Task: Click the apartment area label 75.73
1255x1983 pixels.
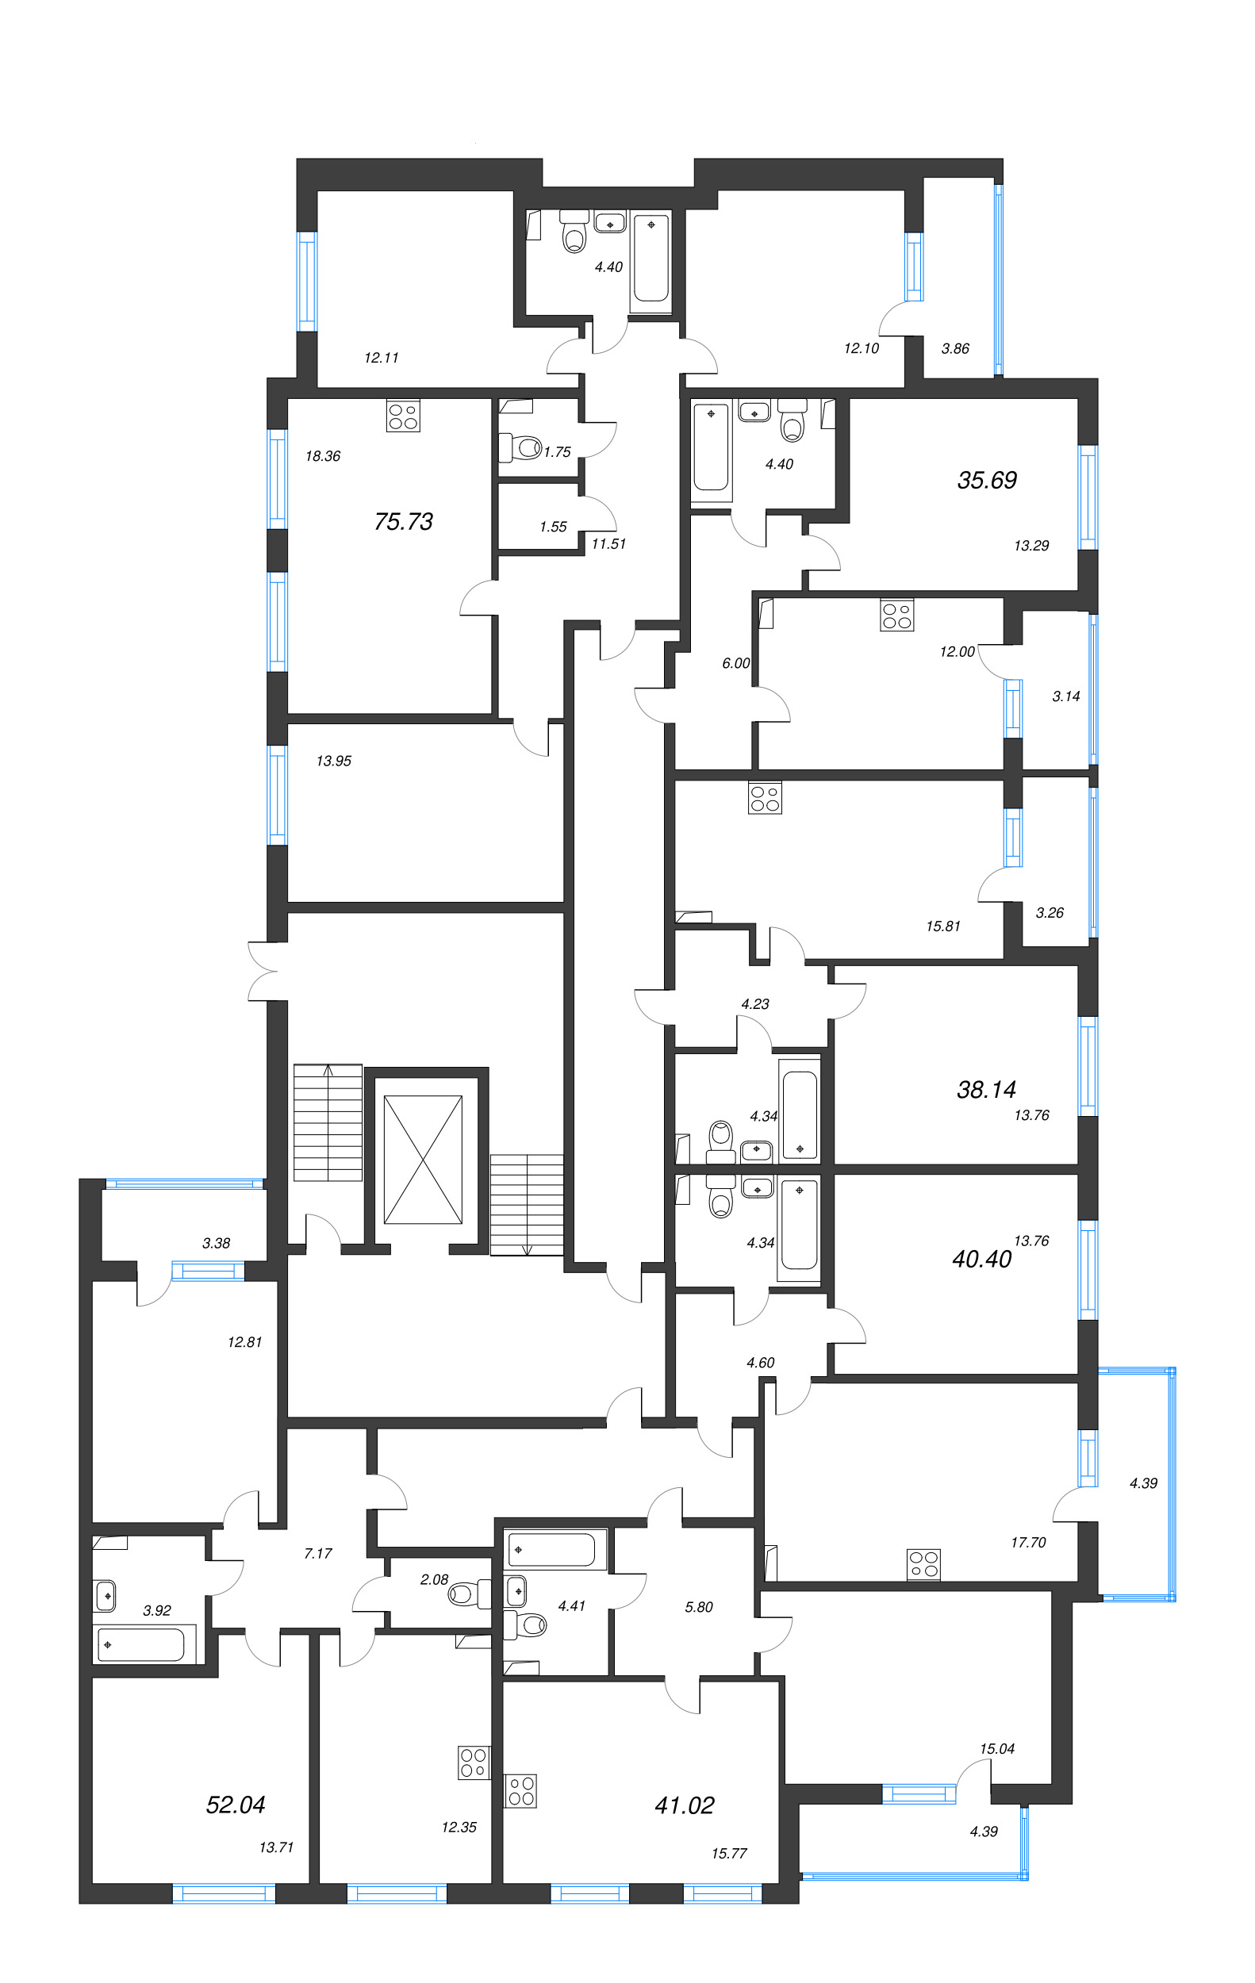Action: coord(404,521)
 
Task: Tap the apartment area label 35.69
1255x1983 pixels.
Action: coord(987,480)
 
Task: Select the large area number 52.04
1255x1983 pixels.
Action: coord(236,1805)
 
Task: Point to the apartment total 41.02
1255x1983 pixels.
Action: coord(685,1805)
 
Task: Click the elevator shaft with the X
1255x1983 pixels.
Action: coord(424,1160)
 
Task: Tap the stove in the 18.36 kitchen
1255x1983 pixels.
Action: coord(403,416)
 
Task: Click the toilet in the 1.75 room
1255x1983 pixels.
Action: coord(520,448)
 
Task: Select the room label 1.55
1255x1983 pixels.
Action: coord(554,527)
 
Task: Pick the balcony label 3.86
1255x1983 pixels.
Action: coord(955,348)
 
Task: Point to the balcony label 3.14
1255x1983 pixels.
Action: coord(1065,696)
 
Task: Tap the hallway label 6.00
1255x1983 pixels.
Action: coord(736,663)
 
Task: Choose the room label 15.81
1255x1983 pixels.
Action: coord(943,926)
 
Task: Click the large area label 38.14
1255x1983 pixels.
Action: coord(987,1091)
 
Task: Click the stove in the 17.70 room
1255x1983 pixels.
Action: coord(923,1565)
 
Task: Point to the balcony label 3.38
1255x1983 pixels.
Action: coord(217,1244)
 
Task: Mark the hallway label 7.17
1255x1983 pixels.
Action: coord(318,1554)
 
